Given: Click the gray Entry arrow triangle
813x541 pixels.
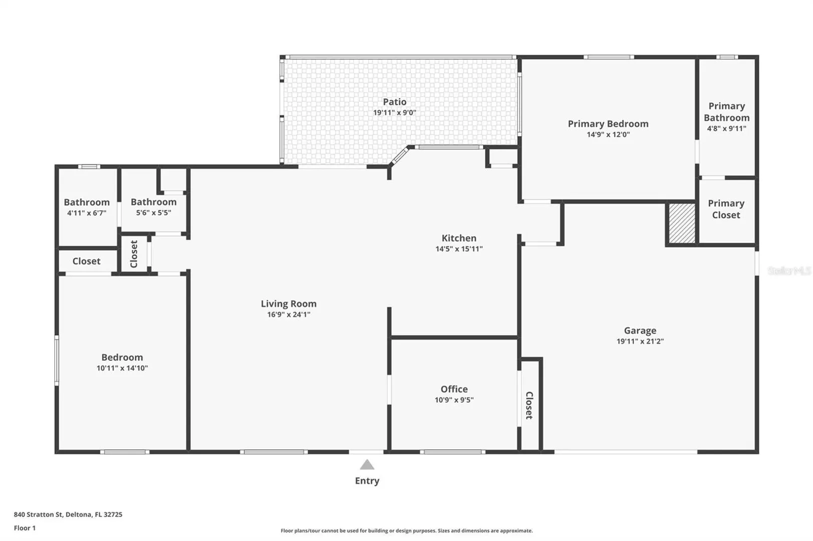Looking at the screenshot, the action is tap(367, 464).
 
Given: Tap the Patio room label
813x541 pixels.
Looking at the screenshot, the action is tap(395, 102).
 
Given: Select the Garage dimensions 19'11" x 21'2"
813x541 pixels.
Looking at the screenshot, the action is tap(640, 341).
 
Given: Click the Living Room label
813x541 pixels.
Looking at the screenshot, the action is tap(288, 304).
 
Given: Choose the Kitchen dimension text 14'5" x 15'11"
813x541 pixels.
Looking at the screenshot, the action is tap(459, 249).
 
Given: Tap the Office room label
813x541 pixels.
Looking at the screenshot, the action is tap(454, 389).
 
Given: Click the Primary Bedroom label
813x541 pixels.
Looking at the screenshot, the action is tap(608, 124).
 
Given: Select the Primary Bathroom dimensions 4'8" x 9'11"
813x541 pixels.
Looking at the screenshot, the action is tap(726, 128).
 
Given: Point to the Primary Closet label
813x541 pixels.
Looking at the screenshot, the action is tap(726, 209).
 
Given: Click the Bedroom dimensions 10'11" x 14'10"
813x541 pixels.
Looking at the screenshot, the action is tap(122, 368).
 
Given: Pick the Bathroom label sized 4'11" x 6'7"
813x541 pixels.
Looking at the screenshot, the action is tap(87, 202).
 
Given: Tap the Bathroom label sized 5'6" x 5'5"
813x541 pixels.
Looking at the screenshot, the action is tap(153, 202).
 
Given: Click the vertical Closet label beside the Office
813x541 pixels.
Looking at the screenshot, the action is tap(529, 405).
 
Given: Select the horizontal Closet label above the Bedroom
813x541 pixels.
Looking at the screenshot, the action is tap(86, 261).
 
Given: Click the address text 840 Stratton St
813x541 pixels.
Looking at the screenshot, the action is tap(39, 514).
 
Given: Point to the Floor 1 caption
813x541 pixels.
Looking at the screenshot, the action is tap(25, 528).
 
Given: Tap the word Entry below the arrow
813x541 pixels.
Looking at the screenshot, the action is tap(367, 481).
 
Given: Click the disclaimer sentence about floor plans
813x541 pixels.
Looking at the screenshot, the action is tap(406, 531).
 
